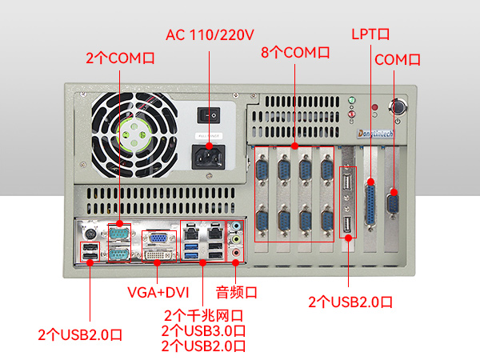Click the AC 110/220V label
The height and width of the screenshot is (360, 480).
point(210,35)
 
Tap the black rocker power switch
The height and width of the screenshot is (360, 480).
point(210,114)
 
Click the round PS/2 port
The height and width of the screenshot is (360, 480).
point(90,233)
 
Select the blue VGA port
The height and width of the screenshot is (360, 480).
point(158,238)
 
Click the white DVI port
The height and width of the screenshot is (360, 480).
point(158,255)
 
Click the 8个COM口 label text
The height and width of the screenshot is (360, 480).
point(295,53)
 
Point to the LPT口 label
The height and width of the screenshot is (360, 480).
point(370,35)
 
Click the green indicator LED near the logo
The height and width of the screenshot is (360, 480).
point(352,102)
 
